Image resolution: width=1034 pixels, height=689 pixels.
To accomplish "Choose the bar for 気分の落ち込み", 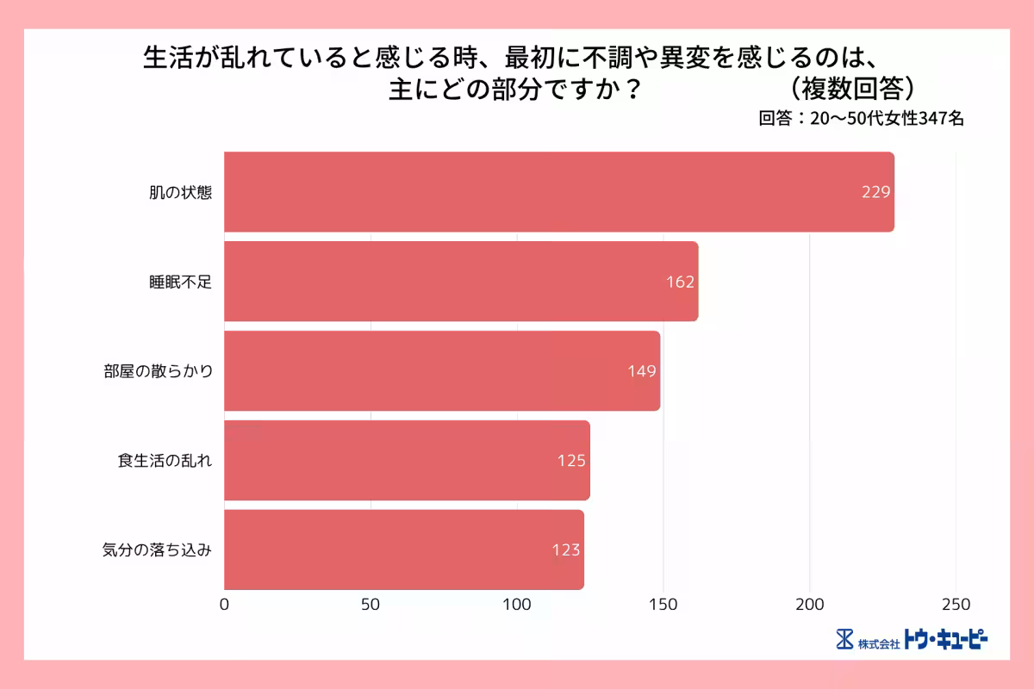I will (404, 550).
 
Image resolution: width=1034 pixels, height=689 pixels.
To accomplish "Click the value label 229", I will (875, 192).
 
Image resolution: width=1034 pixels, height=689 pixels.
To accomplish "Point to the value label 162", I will (680, 282).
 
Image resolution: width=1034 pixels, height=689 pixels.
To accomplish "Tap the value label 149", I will (642, 371).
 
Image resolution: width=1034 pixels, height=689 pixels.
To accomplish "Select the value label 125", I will (571, 461).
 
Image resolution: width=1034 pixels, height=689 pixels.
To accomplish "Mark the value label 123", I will (566, 550).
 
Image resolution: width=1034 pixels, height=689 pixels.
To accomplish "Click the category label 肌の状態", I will (179, 192).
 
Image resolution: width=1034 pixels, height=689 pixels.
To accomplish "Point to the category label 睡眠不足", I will (179, 282).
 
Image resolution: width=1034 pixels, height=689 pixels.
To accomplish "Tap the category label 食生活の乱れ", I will (165, 461).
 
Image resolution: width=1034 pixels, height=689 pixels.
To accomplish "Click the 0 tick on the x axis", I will (225, 605).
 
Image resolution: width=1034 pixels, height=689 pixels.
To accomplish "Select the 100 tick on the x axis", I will (517, 605).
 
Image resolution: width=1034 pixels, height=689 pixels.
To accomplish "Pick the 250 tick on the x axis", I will (956, 605).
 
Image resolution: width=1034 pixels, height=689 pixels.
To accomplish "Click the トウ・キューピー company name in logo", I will (945, 640).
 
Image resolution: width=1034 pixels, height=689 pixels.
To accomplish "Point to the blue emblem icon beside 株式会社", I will (844, 640).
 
